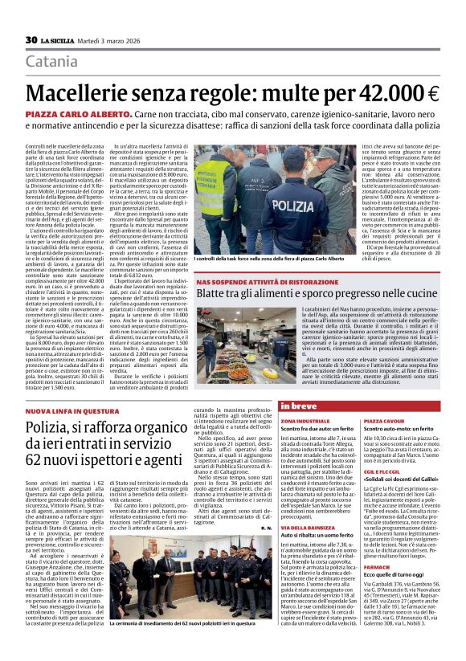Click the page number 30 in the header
[32, 40]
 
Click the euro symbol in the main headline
[432, 94]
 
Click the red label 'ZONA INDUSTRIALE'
[299, 421]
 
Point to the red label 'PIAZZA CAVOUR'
[384, 421]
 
